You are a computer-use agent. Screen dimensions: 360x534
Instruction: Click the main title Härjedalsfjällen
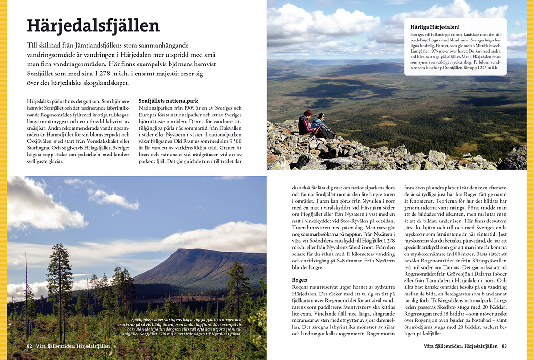(93, 25)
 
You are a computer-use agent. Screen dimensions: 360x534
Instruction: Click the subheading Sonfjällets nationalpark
(168, 101)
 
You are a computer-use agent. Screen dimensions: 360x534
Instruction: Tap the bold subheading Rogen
(299, 280)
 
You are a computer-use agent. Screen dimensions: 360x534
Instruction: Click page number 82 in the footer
(29, 346)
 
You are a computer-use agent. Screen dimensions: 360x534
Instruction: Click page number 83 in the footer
(504, 346)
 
